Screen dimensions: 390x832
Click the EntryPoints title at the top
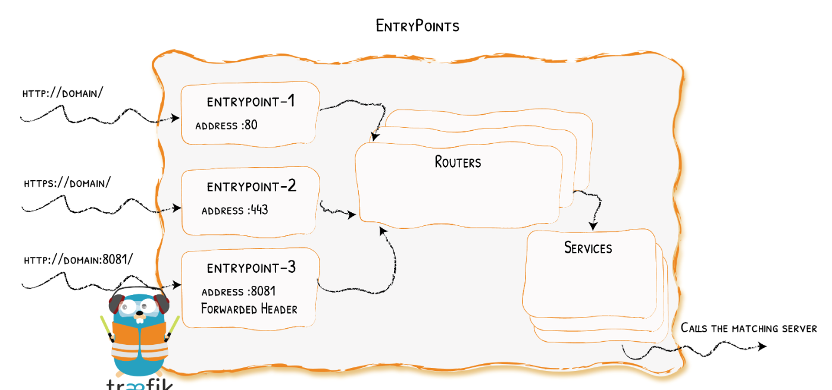point(417,26)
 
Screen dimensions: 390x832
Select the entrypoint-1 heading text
point(251,102)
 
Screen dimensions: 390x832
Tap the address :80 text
point(226,125)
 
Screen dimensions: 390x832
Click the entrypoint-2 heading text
point(251,187)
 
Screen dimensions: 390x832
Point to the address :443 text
point(234,210)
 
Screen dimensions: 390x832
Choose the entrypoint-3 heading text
point(251,268)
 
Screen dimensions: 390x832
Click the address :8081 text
point(238,292)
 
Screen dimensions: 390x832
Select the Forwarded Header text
point(249,309)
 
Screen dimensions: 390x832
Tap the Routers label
point(458,162)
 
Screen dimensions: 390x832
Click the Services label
point(588,248)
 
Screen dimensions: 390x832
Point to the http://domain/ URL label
point(62,93)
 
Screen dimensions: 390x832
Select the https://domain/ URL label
point(67,183)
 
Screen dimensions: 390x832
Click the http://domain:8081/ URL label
point(78,260)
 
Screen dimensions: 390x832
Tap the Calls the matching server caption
point(749,328)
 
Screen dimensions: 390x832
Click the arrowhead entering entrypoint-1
point(176,118)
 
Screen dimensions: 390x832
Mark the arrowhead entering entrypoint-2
point(177,208)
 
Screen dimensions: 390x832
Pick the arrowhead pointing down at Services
point(593,226)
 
